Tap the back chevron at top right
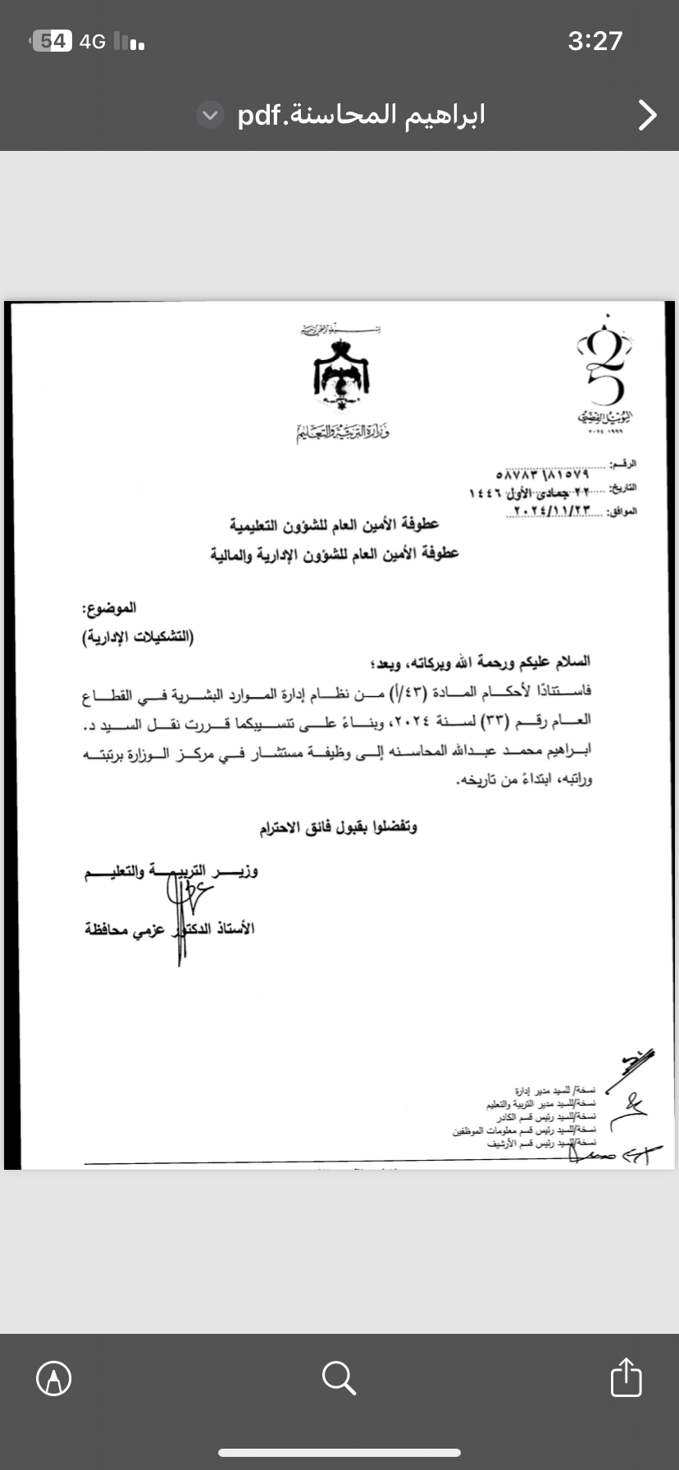(x=648, y=116)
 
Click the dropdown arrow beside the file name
(x=211, y=116)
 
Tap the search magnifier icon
(x=339, y=1377)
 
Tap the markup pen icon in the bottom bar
(x=54, y=1378)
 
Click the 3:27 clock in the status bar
(x=595, y=41)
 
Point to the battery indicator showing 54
(x=52, y=41)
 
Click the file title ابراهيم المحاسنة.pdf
(x=361, y=115)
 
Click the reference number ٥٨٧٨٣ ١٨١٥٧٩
(x=542, y=474)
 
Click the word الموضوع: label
(x=109, y=608)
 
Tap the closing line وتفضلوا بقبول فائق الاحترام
(x=338, y=828)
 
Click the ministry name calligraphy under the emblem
(x=342, y=431)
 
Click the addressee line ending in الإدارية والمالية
(x=334, y=554)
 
